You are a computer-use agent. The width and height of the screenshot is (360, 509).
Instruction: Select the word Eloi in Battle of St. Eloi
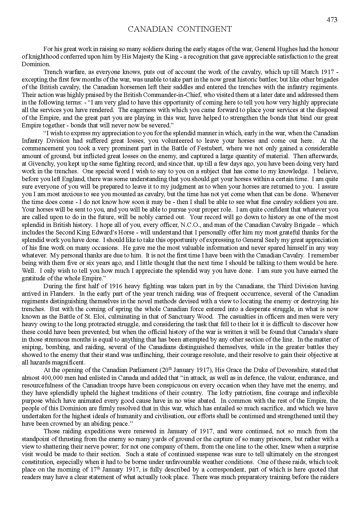click(x=112, y=317)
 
